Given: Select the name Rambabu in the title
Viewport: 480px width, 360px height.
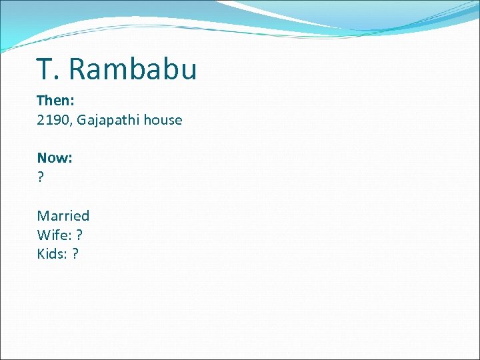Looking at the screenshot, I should tap(133, 69).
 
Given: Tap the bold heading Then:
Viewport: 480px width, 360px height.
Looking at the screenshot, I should tap(54, 101).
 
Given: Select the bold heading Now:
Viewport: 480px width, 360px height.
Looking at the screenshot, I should tap(55, 158).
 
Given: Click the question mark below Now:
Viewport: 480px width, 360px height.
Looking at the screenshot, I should tap(41, 177).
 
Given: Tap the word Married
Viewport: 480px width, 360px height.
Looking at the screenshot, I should tap(63, 215).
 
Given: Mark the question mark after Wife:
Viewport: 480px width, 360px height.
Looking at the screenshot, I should tap(79, 235).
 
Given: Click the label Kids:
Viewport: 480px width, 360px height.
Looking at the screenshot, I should tap(53, 254).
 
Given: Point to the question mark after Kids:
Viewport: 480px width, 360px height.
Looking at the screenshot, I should tap(75, 254).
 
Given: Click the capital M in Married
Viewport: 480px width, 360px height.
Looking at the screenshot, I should tap(43, 215).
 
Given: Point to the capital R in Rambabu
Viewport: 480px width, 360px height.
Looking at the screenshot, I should tap(78, 69).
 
